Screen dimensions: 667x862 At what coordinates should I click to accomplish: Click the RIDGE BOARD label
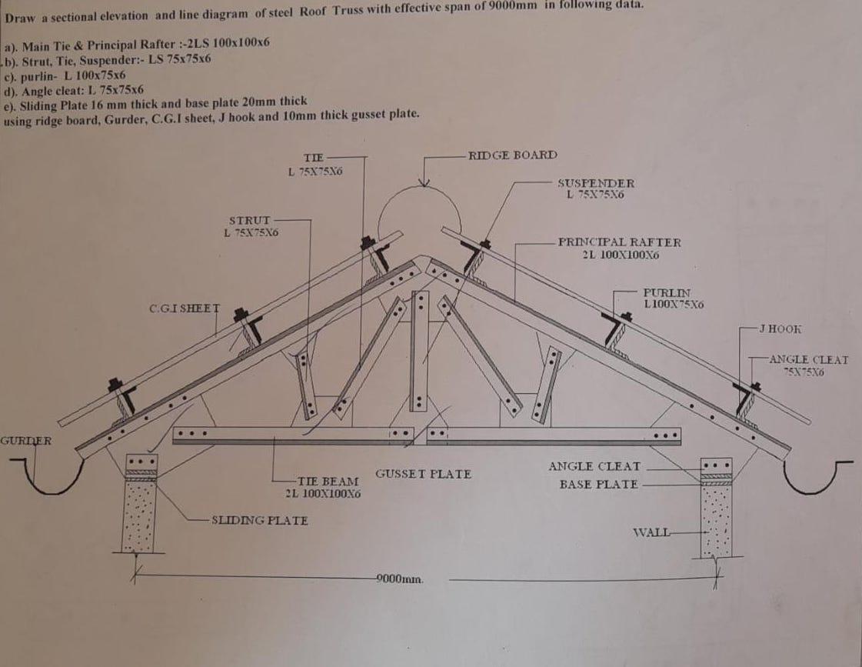(512, 155)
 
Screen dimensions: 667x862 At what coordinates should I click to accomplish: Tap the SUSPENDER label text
(595, 183)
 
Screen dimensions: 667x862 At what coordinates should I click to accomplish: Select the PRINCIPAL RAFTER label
(619, 242)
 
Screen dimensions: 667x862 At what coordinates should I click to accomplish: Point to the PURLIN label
(667, 293)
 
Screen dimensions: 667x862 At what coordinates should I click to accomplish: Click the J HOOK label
(780, 328)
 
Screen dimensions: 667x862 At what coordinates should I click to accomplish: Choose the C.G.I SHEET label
(184, 308)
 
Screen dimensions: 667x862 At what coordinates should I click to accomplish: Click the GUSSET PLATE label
(423, 474)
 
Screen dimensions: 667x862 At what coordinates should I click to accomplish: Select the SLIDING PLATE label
(259, 520)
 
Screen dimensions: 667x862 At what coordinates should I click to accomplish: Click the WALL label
(650, 532)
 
